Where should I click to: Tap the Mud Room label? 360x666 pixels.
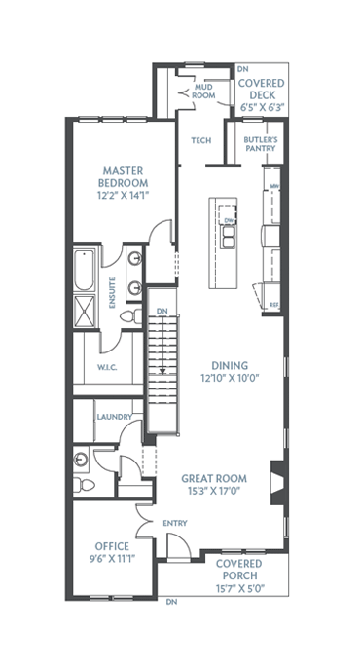click(202, 92)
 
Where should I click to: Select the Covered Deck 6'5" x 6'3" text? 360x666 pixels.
click(261, 96)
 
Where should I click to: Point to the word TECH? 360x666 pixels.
click(201, 141)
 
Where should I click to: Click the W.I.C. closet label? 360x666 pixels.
click(107, 367)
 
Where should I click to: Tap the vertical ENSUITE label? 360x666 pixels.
click(113, 292)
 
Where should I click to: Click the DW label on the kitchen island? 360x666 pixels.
click(230, 221)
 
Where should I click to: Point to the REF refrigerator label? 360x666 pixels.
click(273, 305)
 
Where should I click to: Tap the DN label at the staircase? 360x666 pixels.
click(163, 313)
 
